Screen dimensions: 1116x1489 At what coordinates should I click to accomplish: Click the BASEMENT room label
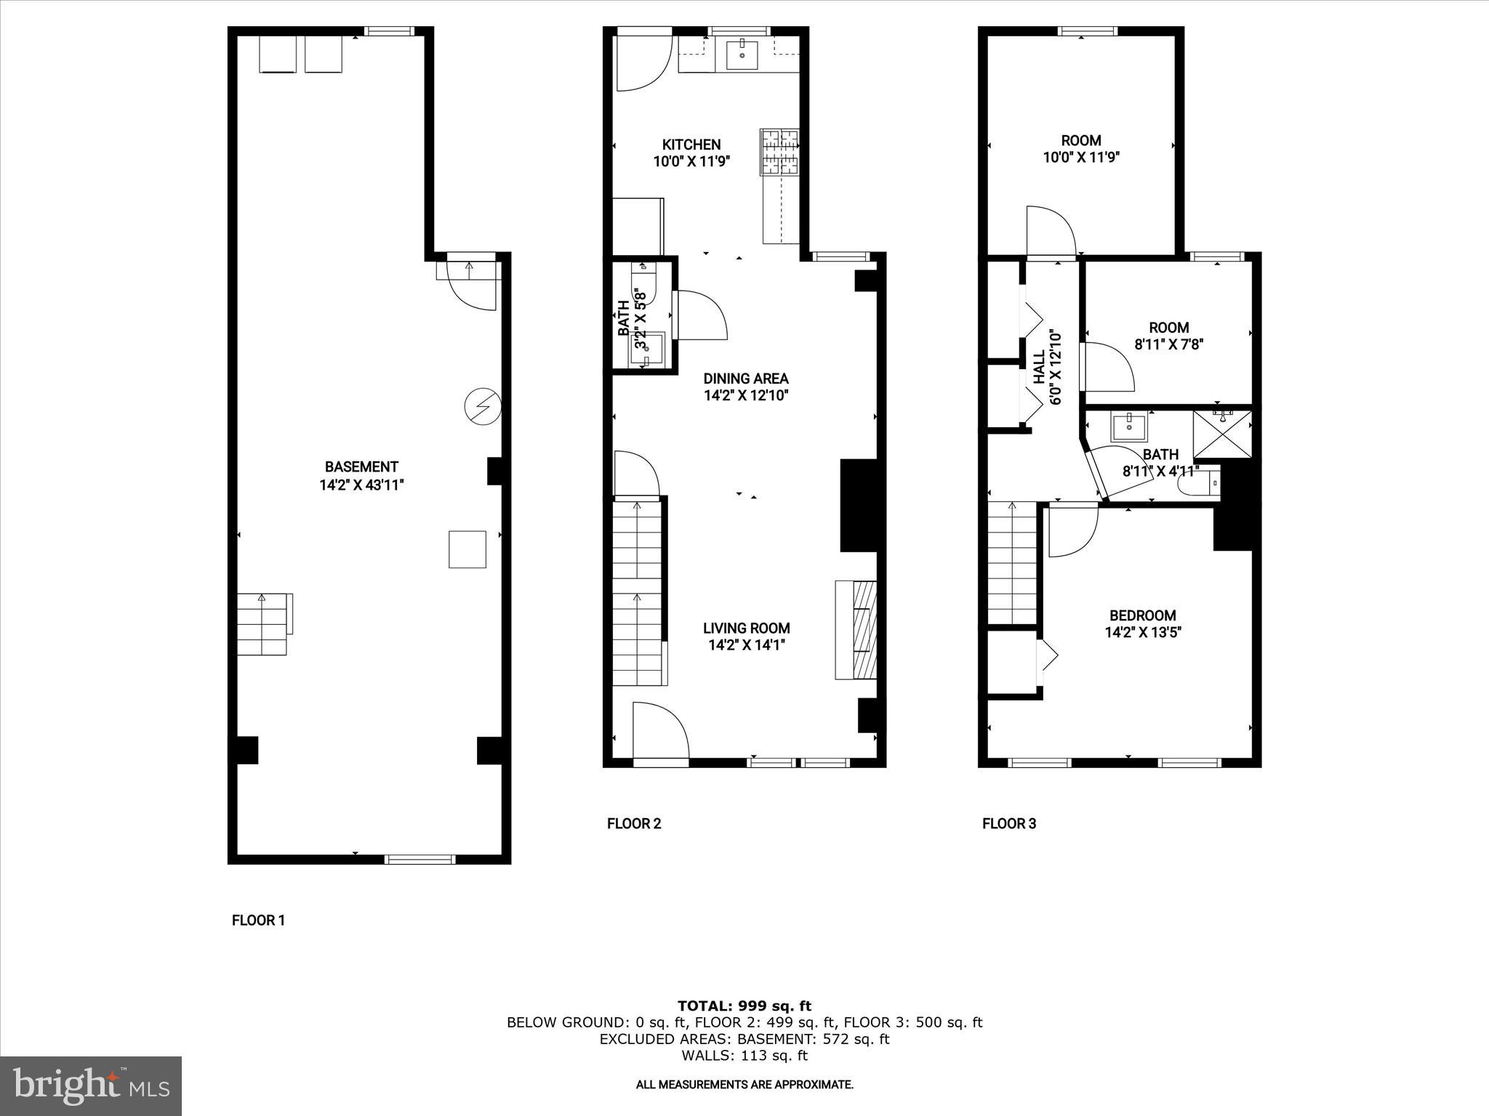coord(361,467)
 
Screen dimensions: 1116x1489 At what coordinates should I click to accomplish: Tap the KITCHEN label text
coord(691,145)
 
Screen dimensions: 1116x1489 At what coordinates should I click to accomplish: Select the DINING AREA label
coord(745,379)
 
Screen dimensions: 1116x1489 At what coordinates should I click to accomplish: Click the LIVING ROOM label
coord(746,628)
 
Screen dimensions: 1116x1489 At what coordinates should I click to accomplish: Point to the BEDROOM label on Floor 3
coord(1142,615)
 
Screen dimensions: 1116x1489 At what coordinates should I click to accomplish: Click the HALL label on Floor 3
coord(1040,367)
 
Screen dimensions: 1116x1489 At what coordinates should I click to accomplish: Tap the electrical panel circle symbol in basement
coord(482,407)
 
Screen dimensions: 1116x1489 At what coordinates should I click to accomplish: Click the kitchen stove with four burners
coord(779,152)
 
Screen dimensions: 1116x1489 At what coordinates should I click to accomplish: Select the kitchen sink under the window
coord(742,55)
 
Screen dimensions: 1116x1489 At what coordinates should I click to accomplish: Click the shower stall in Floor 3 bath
coord(1223,434)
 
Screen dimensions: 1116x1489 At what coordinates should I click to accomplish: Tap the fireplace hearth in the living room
coord(856,630)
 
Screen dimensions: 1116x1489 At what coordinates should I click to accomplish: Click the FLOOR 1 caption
coord(258,921)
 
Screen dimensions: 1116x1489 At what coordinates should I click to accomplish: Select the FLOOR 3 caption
coord(1008,823)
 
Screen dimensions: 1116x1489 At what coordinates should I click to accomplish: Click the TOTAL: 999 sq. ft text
coord(744,1006)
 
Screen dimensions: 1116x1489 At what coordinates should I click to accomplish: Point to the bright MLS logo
coord(91,1085)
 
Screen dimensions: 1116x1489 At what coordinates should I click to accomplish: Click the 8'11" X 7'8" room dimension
coord(1168,344)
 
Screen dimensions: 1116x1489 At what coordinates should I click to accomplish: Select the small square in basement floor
coord(467,549)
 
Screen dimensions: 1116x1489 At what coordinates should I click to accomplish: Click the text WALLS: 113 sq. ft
coord(744,1056)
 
